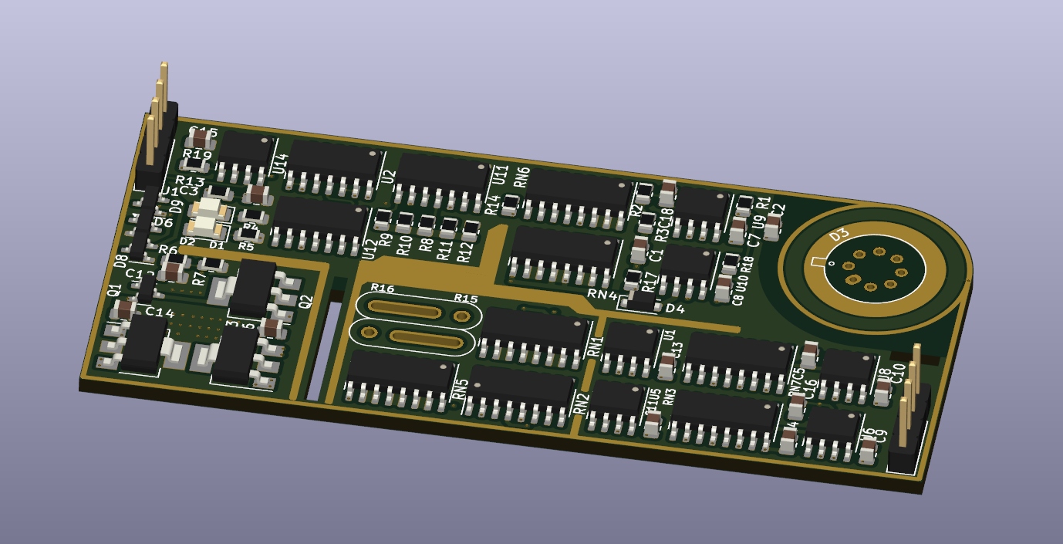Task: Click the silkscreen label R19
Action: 197,154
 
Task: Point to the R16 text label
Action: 382,289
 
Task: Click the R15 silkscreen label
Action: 465,299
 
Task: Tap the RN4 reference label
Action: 602,294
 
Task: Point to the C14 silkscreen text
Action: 160,313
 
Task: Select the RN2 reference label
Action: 582,403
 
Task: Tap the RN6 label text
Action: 521,177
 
